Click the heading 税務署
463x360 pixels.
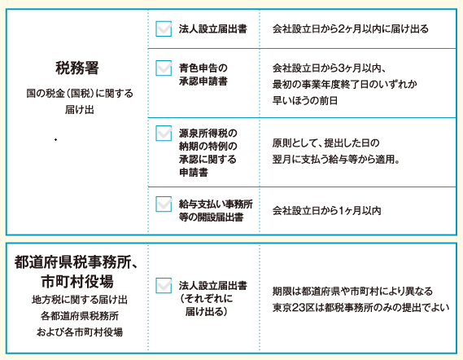77,68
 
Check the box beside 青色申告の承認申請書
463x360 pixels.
164,68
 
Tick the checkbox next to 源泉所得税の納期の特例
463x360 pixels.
164,134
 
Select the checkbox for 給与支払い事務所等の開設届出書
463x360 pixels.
164,204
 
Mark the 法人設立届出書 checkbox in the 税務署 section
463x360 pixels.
164,29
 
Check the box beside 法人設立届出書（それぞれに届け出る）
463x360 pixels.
164,286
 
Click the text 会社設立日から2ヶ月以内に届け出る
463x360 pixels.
350,29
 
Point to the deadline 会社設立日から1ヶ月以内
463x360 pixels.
326,211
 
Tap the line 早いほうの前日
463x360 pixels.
305,100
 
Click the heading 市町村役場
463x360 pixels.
77,281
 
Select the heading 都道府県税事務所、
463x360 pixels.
76,262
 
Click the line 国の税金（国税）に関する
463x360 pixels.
80,94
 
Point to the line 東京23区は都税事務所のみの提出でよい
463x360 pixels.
360,307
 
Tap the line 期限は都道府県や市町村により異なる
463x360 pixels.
352,291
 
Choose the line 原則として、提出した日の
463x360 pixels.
325,143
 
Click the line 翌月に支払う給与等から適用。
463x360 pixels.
336,160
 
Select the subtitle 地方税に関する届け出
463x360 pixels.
80,300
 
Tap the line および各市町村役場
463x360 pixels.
80,332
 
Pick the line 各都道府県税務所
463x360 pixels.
80,316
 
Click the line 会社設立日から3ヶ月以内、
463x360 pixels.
329,68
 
